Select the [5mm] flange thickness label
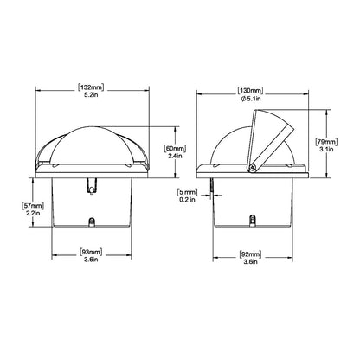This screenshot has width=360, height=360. click(187, 191)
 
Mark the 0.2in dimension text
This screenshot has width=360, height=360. click(187, 201)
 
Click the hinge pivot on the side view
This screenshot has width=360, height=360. click(254, 166)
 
